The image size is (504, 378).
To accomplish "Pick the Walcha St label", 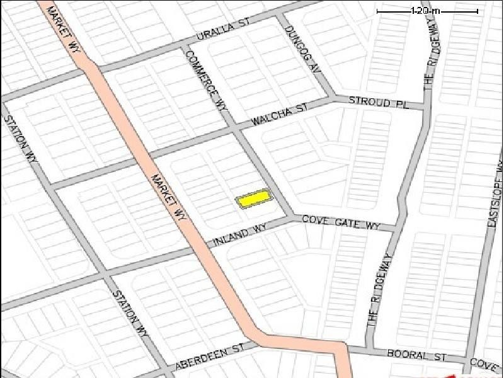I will (x=279, y=114).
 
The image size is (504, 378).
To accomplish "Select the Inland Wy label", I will (x=240, y=234).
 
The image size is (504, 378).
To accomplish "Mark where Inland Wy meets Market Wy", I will (x=197, y=248).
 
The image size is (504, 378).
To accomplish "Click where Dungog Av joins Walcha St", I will (x=333, y=98).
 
